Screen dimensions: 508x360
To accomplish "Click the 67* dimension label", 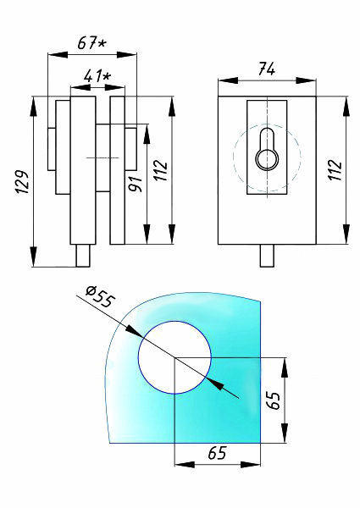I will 91,42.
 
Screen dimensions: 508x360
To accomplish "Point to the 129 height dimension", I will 23,182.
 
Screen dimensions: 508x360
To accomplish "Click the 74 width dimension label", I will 266,70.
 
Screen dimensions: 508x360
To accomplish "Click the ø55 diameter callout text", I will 100,297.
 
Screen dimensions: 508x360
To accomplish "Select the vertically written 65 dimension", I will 273,399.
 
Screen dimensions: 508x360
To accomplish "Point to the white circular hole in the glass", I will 174,356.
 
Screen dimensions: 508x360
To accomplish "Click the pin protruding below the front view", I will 267,255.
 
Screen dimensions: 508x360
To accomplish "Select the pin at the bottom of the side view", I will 84,255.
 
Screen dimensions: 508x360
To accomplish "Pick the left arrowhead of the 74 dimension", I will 223,82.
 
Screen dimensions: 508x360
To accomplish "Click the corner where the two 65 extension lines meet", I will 174,357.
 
